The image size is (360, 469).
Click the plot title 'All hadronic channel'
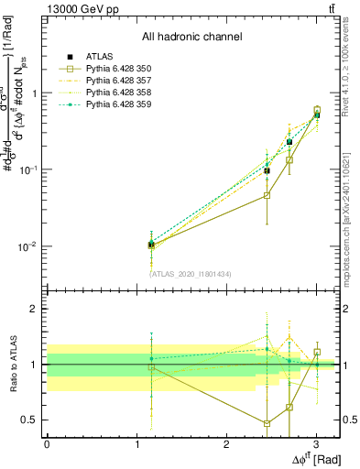pyautogui.click(x=191, y=37)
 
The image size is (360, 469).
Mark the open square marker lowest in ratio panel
pyautogui.click(x=267, y=423)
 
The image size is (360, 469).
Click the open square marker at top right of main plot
pyautogui.click(x=317, y=110)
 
